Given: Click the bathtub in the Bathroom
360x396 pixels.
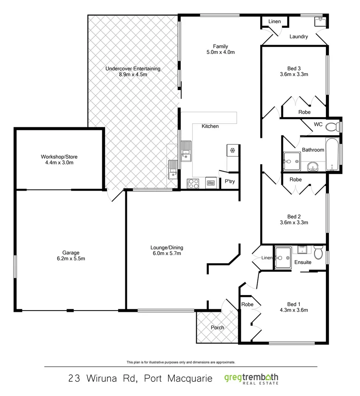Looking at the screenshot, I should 332,154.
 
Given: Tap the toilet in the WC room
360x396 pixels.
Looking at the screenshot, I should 331,126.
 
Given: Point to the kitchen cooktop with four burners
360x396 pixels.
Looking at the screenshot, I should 193,183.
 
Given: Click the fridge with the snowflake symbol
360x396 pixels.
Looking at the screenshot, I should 233,150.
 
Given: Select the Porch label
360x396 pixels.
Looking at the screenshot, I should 217,328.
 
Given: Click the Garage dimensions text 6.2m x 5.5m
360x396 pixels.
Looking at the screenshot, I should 71,258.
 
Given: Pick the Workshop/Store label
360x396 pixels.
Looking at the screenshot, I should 59,157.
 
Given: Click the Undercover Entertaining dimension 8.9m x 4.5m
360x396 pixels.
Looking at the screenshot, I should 133,75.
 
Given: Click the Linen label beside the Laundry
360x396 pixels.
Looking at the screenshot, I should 275,21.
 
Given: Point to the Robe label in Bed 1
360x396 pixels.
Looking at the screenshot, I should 247,304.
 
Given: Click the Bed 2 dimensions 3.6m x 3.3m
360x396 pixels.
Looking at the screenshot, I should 294,222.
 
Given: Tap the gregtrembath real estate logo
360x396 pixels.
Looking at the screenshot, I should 251,378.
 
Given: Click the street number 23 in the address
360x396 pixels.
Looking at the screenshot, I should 74,378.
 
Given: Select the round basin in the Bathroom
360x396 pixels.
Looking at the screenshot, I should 312,167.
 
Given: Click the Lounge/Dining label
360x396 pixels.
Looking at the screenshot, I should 167,247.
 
